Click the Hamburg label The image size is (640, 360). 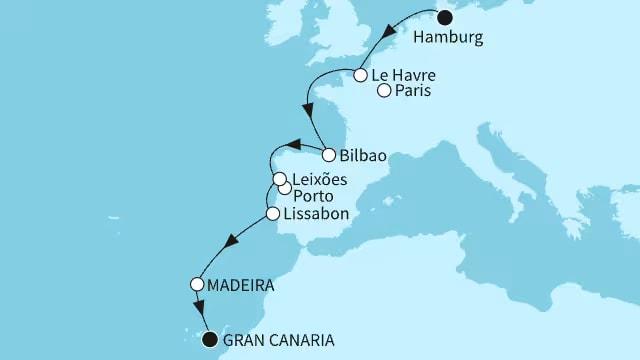451,37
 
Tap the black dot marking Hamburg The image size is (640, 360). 445,16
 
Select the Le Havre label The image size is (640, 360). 403,75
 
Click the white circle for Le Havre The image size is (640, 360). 359,74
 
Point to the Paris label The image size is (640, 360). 415,92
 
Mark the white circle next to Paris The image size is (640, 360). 384,91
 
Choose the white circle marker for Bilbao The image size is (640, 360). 329,154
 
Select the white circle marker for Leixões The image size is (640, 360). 281,179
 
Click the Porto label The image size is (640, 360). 315,196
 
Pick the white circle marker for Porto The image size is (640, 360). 285,188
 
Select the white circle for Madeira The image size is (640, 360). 197,284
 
